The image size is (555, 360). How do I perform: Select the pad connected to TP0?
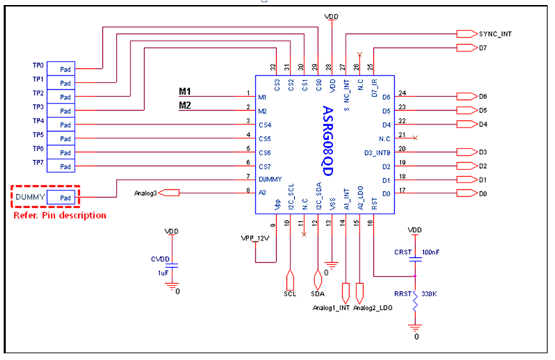coord(64,70)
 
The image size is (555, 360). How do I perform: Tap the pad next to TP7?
coord(64,167)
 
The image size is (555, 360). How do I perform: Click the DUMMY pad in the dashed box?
coord(64,197)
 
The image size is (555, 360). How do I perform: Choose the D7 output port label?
coord(483,48)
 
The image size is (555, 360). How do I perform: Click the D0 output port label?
coord(483,194)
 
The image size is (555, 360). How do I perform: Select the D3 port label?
coord(483,152)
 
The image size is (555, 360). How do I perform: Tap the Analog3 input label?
coord(147,193)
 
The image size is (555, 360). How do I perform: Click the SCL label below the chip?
coord(289,295)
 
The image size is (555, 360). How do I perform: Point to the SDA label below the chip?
coord(317,295)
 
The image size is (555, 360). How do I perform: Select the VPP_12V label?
coord(254,238)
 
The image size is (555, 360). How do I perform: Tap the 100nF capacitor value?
coord(430,252)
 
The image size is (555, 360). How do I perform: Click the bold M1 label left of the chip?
coord(185,91)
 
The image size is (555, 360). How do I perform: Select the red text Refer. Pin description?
coord(60,215)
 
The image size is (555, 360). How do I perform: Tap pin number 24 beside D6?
coord(402,93)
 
